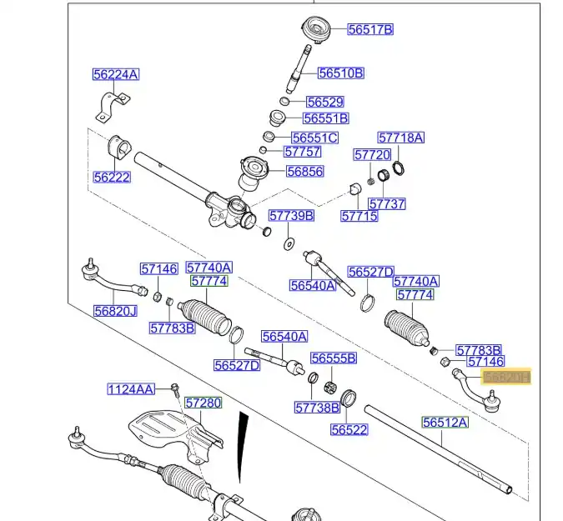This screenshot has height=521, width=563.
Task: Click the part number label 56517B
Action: coord(369,29)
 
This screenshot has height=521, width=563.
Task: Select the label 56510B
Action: coord(342,73)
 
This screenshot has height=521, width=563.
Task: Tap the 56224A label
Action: coord(116,75)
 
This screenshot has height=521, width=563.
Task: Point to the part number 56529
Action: coord(324,102)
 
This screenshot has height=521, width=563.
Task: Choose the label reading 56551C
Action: coord(314,138)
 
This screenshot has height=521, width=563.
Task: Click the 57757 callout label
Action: coord(302,152)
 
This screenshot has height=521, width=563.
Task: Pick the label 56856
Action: coord(304,172)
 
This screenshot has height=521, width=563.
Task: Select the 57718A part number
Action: coord(400,137)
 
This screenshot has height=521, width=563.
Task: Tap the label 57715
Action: coord(359,216)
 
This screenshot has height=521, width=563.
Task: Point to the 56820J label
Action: coord(115,310)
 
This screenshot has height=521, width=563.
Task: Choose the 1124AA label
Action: coord(131,388)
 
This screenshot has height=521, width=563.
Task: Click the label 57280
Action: coord(204,403)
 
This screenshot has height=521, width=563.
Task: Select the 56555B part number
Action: coord(334,358)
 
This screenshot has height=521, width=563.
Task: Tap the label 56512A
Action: coord(445,423)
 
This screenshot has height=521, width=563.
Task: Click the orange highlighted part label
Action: coord(507,378)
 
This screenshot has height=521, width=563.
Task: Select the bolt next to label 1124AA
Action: coord(175,388)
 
